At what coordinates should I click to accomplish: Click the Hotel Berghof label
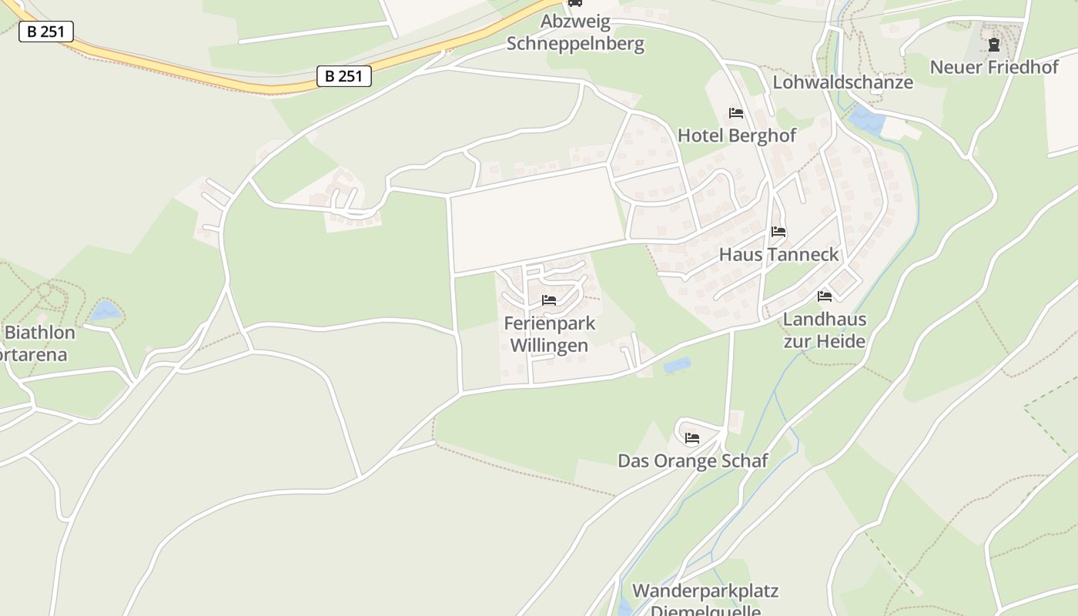(736, 136)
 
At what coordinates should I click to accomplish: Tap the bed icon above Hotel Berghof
(736, 113)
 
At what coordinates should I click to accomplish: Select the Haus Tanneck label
(778, 254)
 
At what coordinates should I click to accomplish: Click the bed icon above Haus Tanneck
(778, 231)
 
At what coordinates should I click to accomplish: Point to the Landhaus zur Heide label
(825, 330)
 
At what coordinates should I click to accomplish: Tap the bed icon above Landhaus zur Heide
(825, 296)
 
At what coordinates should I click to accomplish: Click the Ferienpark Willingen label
(549, 334)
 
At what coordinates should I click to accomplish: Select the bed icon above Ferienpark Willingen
(549, 300)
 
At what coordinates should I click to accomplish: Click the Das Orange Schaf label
(693, 460)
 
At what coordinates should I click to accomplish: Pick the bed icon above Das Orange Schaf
(692, 439)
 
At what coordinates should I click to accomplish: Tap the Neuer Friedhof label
(994, 67)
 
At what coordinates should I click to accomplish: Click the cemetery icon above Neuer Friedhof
(994, 45)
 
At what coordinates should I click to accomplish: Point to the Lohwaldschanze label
(842, 82)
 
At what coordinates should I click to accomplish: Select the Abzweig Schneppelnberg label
(575, 32)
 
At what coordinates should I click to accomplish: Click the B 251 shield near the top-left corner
(46, 32)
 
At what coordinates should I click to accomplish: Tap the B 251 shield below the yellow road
(344, 76)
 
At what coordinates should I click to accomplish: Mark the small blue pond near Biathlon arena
(105, 311)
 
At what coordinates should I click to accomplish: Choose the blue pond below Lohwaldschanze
(868, 119)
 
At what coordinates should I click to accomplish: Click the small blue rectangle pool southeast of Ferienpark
(677, 366)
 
